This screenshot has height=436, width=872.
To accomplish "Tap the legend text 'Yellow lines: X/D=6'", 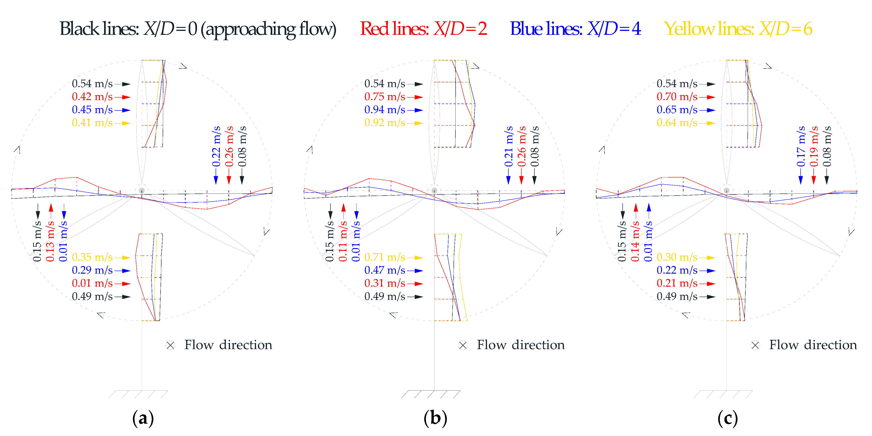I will [738, 29].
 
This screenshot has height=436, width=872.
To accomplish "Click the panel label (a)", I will [143, 418].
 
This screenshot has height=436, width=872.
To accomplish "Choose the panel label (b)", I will [435, 418].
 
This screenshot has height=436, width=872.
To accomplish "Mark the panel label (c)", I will [727, 418].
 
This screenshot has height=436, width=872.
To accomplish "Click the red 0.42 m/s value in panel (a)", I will [92, 97].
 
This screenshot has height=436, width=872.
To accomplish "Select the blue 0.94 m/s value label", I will [385, 110].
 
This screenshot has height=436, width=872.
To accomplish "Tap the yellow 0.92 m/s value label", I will [385, 123].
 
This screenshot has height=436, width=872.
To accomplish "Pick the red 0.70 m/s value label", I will [677, 97].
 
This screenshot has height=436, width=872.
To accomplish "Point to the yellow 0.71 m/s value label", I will [385, 257].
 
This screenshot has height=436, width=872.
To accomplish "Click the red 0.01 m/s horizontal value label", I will [92, 283].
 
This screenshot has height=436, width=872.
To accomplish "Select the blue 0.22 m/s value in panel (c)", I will [677, 270].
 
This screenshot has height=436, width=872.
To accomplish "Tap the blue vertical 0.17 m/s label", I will [801, 147].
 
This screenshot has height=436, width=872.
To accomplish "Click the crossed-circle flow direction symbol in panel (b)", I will [463, 345].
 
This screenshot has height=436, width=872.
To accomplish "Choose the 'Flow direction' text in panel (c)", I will [813, 345].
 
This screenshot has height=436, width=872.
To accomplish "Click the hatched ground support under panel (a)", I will [138, 394].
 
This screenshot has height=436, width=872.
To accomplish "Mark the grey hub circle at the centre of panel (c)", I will [727, 190].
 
